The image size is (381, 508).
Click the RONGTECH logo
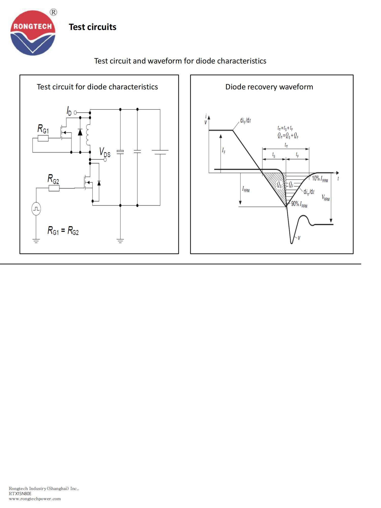click(33, 33)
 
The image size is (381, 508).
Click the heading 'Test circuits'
click(92, 27)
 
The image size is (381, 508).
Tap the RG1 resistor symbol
click(43, 138)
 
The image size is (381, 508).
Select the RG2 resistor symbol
click(54, 188)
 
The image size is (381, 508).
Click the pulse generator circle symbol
click(36, 209)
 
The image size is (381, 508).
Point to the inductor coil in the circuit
click(88, 135)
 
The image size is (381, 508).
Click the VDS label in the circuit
click(105, 152)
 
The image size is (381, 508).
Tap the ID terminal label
click(69, 111)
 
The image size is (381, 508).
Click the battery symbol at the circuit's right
click(160, 152)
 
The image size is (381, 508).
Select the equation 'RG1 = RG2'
click(63, 231)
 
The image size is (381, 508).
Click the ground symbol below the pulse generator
click(36, 241)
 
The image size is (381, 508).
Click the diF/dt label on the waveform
click(245, 120)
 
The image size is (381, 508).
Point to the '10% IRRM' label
click(320, 179)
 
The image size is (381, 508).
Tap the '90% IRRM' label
click(299, 204)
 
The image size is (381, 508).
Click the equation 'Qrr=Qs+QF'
click(288, 136)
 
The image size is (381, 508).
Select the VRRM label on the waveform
click(325, 198)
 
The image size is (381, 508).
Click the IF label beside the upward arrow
click(224, 151)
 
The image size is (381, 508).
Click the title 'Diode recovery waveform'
click(269, 87)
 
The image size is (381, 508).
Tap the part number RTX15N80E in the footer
click(20, 494)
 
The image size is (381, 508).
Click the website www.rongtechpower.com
click(35, 499)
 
